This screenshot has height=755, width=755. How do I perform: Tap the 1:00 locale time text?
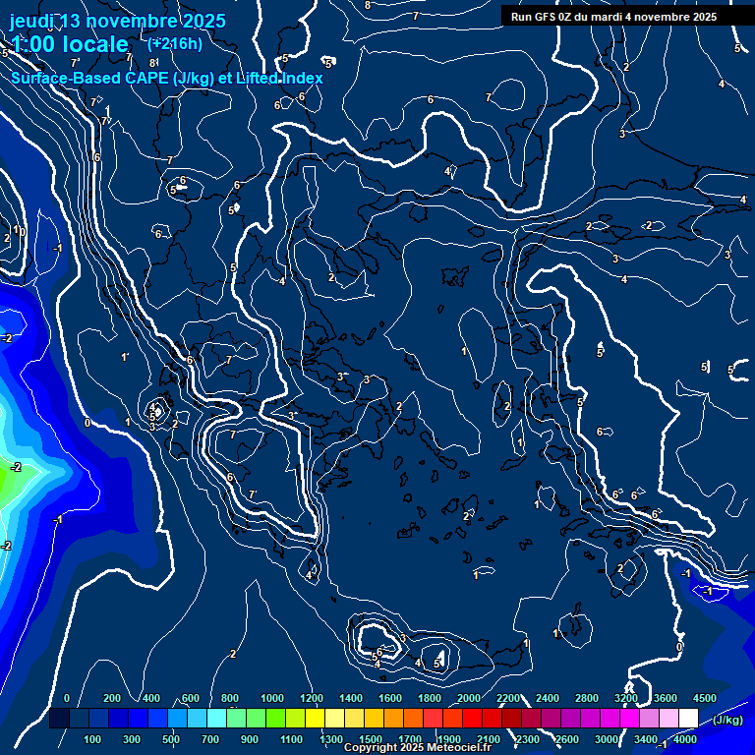click(x=69, y=44)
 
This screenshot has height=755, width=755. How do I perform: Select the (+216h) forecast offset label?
click(x=175, y=43)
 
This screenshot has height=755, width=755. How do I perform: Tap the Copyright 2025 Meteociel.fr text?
click(x=416, y=748)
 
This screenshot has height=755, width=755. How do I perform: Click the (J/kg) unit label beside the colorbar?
click(x=728, y=721)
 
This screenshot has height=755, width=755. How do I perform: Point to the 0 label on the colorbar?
click(x=67, y=698)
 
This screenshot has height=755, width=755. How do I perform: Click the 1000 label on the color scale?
click(x=272, y=698)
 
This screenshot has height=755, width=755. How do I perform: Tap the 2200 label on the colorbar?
click(x=508, y=698)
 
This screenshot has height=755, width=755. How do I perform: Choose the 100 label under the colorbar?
click(x=93, y=739)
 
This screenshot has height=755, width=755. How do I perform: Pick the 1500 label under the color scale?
click(x=370, y=739)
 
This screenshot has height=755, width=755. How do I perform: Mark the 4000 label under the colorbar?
click(x=685, y=739)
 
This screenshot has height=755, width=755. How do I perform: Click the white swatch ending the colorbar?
click(x=688, y=719)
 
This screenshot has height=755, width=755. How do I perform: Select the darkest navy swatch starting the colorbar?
click(x=59, y=719)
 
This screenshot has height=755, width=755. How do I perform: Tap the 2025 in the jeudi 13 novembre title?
click(x=203, y=21)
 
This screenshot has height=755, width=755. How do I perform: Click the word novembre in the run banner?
click(x=668, y=17)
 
